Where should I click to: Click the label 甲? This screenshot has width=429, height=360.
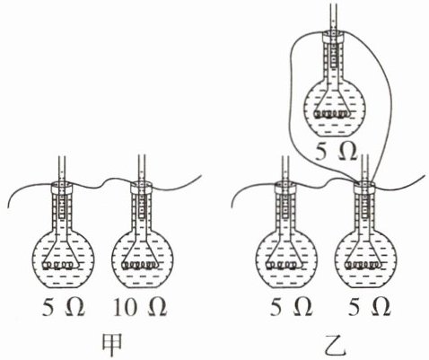coord(112,345)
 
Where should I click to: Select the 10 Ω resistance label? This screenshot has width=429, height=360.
coord(140,307)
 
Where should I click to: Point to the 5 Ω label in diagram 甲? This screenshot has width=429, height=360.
coord(63,307)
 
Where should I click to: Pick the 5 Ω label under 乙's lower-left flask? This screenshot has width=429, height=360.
coord(291,307)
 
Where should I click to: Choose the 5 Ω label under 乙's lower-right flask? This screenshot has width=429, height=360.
coord(369,307)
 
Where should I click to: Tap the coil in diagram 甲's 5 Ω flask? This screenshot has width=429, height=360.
coord(58,265)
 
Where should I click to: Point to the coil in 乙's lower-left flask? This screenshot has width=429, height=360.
coord(283,265)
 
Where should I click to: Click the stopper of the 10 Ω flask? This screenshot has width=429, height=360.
coord(142,188)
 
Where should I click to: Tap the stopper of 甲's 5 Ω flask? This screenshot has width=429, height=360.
coord(62,188)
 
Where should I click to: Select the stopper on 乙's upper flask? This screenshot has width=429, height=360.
coord(333,37)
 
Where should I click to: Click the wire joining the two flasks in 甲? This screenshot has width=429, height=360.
coord(102,183)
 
